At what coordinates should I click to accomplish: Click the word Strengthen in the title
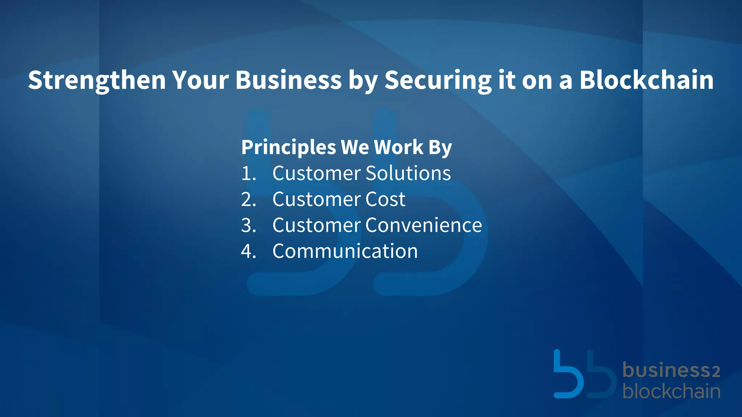coord(97,80)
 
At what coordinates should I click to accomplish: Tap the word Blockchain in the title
coord(646,80)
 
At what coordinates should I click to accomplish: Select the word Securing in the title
coord(438,80)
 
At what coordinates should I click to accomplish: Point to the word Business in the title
coord(288,80)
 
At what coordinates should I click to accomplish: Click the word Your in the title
coord(200,80)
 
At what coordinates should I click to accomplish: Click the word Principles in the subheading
coord(288,147)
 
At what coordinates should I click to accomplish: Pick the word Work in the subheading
coord(399,147)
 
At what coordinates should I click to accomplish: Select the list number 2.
coord(248,199)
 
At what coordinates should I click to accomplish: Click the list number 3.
coord(248,225)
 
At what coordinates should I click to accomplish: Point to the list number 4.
coord(248,251)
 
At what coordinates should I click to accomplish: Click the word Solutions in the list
coord(408,173)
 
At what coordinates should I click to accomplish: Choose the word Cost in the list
coord(385,199)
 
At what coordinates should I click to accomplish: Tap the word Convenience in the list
coord(424,225)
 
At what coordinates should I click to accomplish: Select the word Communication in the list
coord(345,251)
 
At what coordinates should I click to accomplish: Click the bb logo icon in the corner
coord(584,374)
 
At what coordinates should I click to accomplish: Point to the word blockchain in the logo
coord(671,392)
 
